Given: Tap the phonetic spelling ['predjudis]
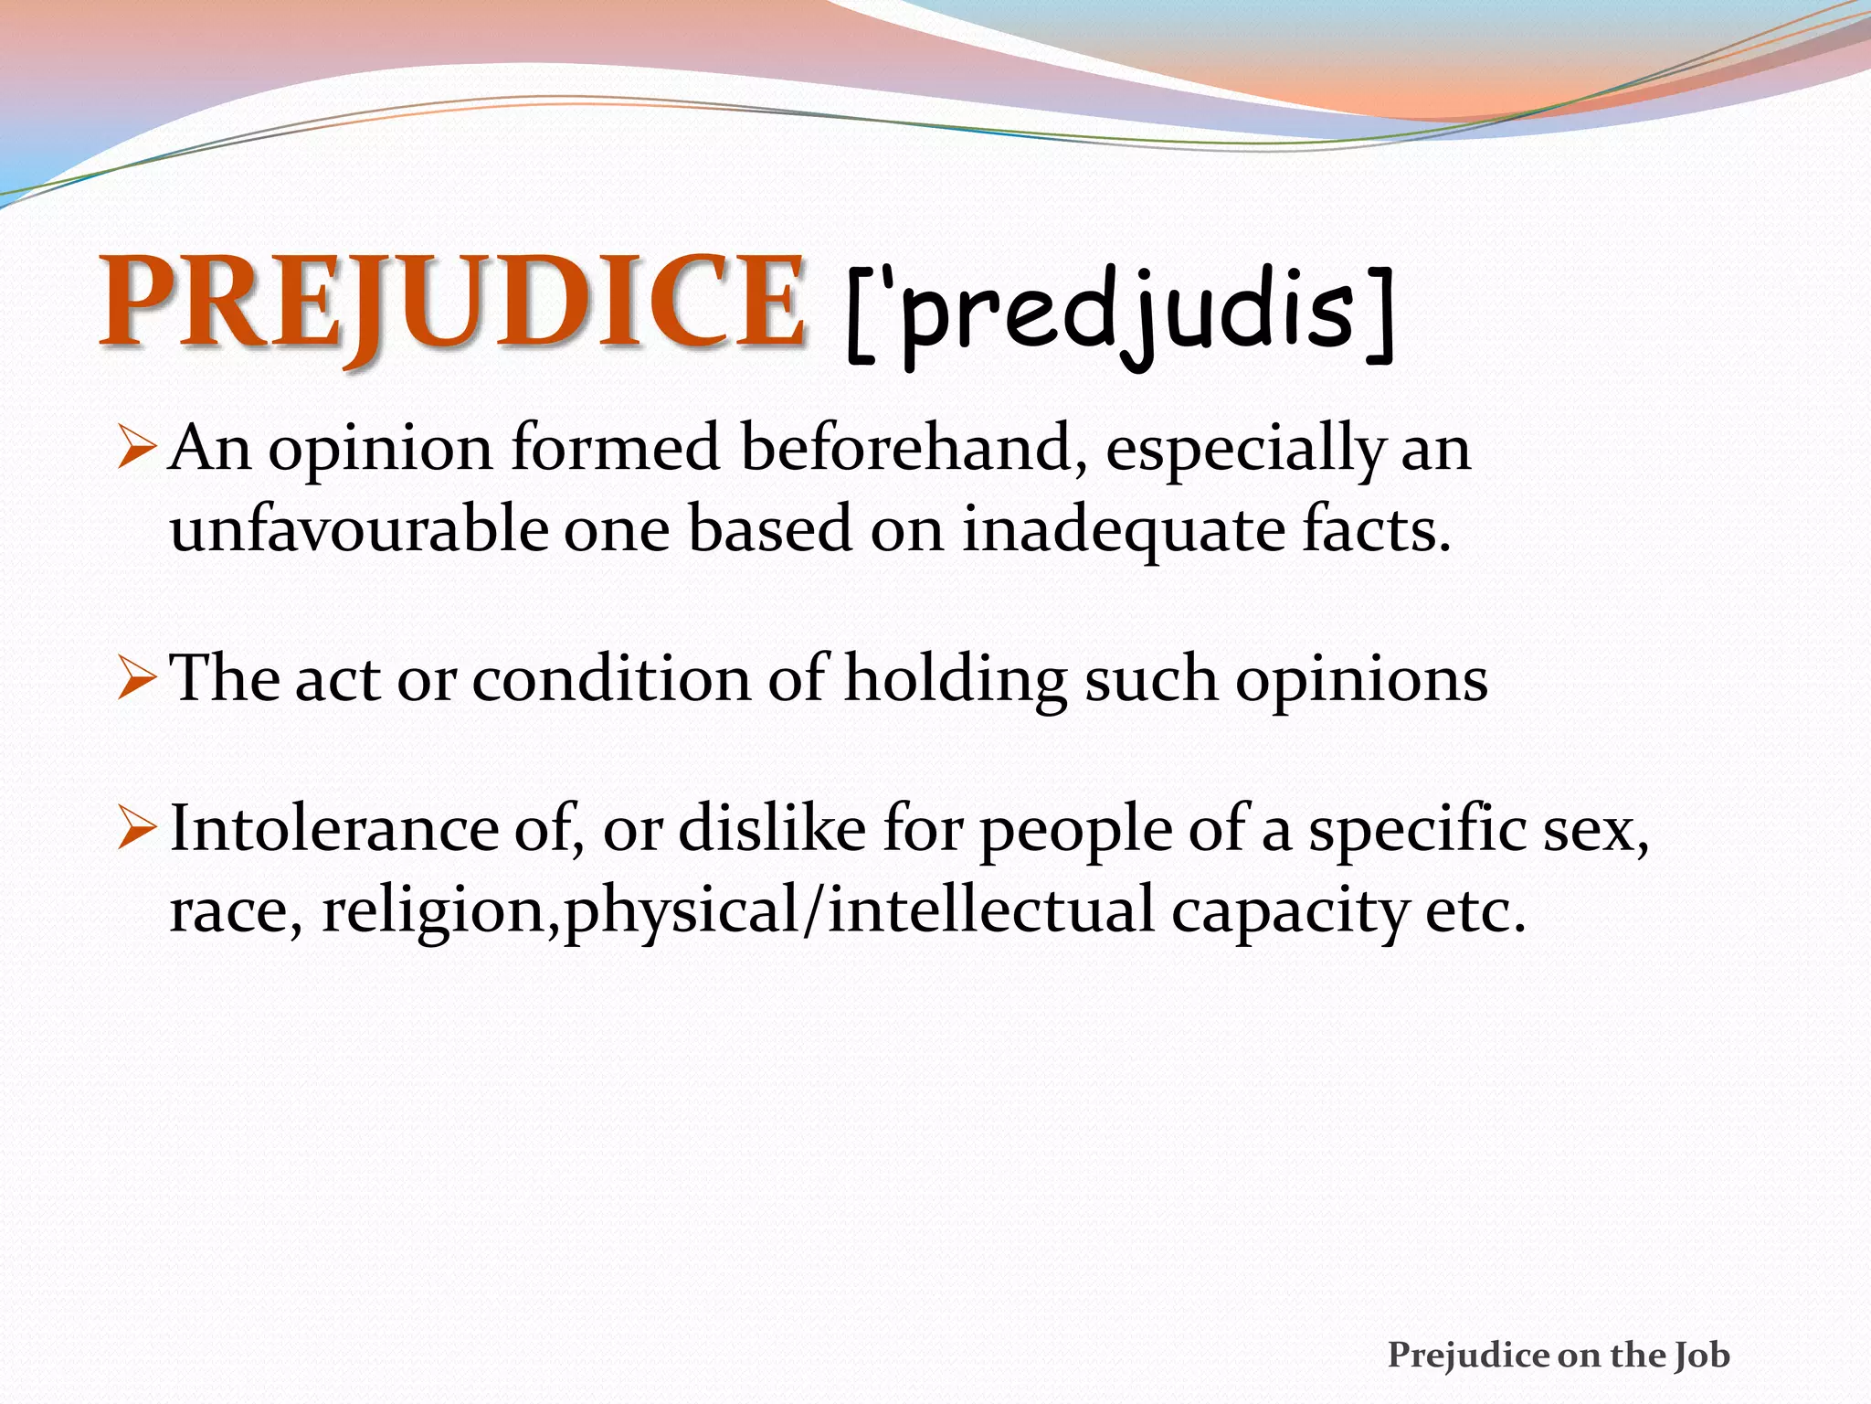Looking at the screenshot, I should (1120, 315).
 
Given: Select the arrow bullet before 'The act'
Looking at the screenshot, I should (139, 679).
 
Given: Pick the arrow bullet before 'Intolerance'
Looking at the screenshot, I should (139, 829).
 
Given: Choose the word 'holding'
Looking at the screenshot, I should (956, 681).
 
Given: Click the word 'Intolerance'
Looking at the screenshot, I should (334, 829).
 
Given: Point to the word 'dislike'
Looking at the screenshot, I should (772, 829).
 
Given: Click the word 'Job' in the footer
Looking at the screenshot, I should (1702, 1356).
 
